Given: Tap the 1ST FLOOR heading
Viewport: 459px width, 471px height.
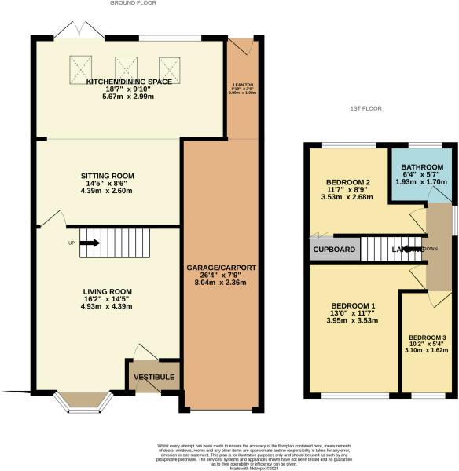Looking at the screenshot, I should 365,108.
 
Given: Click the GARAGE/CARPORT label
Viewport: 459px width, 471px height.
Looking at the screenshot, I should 221,268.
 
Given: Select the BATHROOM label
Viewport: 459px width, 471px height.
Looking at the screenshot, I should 423,168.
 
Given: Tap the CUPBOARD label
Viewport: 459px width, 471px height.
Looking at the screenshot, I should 335,250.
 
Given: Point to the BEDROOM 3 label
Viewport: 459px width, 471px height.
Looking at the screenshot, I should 427,338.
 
